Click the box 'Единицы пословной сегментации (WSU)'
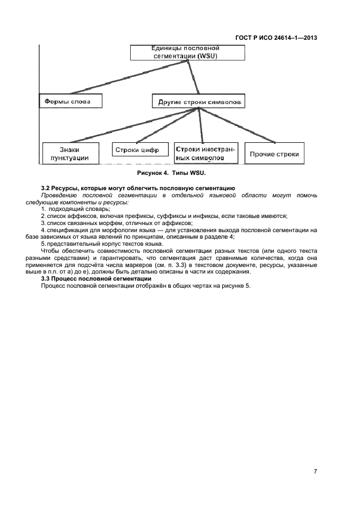187,52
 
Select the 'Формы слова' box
71,101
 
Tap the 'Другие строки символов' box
198,101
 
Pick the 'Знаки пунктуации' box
70,153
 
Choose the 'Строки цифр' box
140,150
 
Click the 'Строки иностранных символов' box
206,153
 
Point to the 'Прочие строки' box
274,153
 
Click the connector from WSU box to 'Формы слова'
130,77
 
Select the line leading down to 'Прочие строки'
237,125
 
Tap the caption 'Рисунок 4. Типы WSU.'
172,173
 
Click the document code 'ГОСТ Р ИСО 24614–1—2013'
276,38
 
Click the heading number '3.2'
46,188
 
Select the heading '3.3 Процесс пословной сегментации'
96,279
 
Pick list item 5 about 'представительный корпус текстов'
102,244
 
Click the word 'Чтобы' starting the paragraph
50,251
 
